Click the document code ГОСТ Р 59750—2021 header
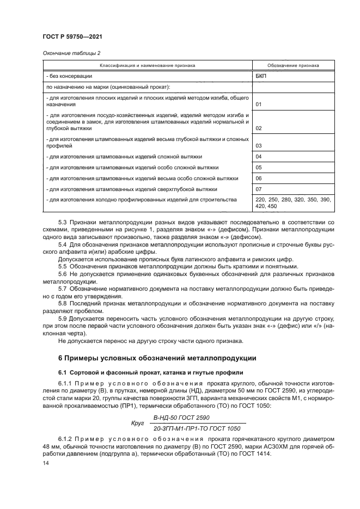72,36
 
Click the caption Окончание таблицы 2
71,53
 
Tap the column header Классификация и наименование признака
144,65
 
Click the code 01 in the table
259,104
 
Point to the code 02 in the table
259,128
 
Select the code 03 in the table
259,146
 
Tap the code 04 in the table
259,157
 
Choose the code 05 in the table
259,168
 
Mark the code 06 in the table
259,179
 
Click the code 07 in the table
259,189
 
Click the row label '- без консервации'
69,76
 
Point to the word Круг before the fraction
137,423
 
